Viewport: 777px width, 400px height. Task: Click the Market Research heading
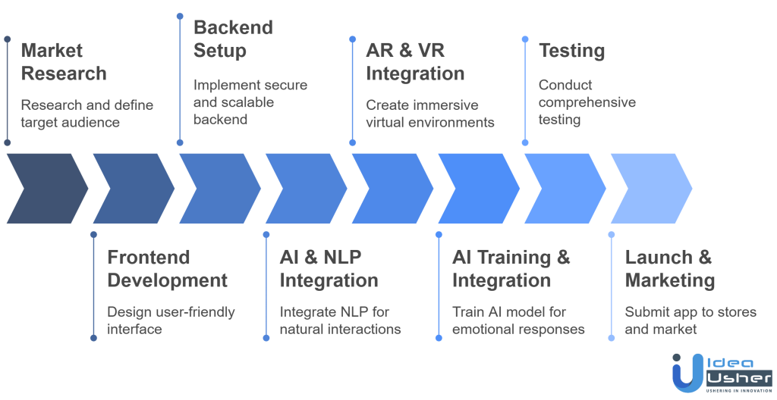63,62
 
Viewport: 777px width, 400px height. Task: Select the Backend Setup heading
232,39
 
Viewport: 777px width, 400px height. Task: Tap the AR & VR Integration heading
414,62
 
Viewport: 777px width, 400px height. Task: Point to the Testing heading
571,52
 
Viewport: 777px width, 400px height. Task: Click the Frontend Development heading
167,268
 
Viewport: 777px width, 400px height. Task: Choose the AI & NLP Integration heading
329,268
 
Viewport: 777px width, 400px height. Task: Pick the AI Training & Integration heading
511,268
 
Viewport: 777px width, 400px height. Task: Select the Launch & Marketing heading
669,268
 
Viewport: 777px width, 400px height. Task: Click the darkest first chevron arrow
46,189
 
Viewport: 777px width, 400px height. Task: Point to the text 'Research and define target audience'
87,113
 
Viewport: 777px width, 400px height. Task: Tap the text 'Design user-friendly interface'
171,320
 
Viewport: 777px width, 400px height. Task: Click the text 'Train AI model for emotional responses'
518,320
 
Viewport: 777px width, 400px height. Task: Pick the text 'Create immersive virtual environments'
430,113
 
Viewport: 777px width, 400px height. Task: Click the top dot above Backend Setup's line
179,15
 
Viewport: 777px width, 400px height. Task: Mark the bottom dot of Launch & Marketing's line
612,339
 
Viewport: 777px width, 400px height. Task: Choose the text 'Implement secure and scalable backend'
250,102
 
